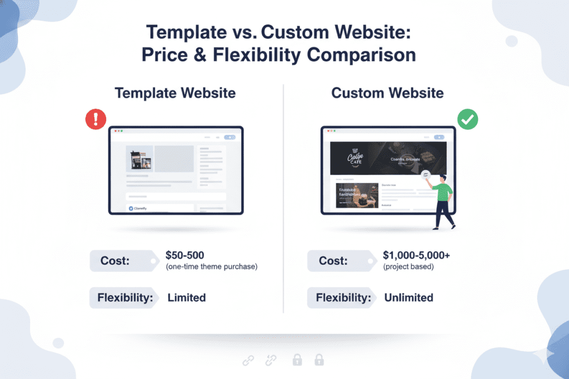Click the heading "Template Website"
175,93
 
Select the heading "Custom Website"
387,93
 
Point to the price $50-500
185,256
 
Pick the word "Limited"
187,297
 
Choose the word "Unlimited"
408,297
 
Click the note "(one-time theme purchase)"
212,267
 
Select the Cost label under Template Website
115,260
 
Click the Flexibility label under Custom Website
343,297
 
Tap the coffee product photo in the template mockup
139,158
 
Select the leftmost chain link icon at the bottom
248,361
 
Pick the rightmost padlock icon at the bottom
319,360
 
